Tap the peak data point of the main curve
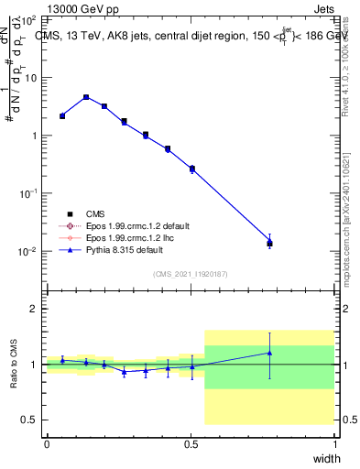pos(86,97)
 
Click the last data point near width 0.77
pos(269,242)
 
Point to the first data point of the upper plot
pos(62,115)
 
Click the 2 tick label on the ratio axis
pos(33,309)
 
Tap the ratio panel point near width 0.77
pos(269,353)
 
